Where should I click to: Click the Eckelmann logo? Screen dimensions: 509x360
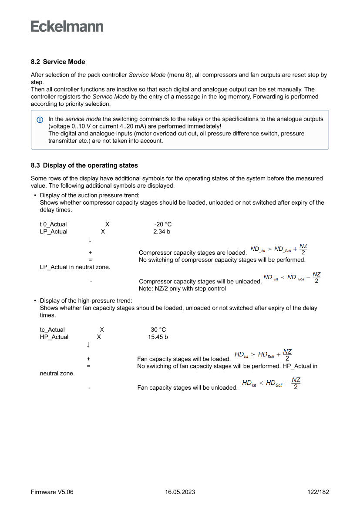tap(67, 27)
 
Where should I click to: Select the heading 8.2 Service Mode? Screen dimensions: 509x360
tap(58, 62)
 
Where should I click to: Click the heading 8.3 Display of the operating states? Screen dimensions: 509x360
tap(84, 165)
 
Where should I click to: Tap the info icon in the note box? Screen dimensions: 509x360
tap(40, 119)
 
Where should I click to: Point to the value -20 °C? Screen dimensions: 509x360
tap(160, 224)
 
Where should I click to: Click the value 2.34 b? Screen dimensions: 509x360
tap(161, 232)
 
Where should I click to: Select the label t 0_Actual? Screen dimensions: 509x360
tap(53, 224)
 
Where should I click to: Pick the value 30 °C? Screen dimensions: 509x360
tap(158, 330)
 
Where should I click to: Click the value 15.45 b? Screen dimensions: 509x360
tap(158, 337)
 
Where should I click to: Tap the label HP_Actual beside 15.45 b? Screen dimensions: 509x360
tap(54, 337)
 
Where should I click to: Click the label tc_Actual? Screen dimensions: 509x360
tap(52, 330)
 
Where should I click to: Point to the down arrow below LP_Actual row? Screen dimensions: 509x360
tap(90, 239)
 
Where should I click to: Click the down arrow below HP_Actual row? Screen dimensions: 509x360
tap(88, 345)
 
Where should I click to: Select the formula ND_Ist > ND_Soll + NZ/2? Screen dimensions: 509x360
tap(279, 249)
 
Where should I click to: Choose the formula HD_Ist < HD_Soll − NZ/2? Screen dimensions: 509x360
tap(271, 383)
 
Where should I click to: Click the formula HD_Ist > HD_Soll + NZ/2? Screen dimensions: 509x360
tap(263, 355)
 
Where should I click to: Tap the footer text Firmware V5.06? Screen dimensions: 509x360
tap(52, 492)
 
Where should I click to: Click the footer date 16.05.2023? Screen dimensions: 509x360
tap(180, 492)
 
